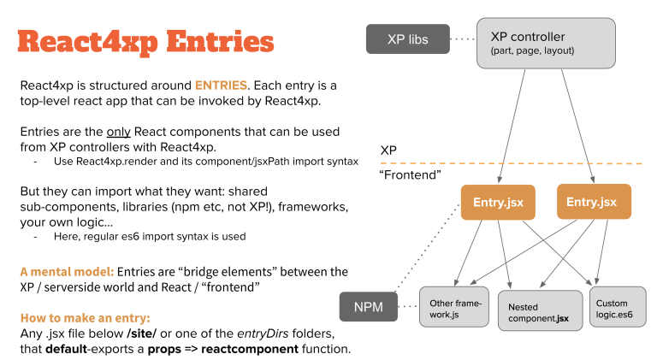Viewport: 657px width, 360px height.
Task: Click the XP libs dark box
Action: pyautogui.click(x=407, y=39)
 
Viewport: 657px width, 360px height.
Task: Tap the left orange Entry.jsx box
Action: pyautogui.click(x=498, y=203)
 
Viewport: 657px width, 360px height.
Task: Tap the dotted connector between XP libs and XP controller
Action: pyautogui.click(x=462, y=39)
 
